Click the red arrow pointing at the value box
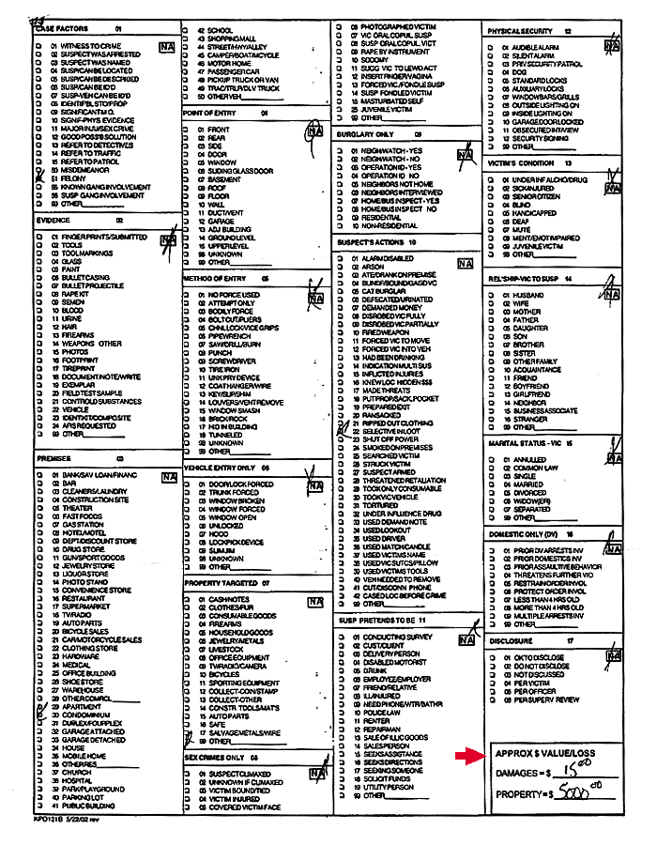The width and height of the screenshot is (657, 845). (x=466, y=756)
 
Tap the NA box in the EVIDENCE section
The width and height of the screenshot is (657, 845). (x=168, y=239)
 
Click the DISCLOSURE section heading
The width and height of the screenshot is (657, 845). (x=511, y=640)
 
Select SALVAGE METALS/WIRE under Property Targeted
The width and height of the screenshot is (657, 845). (x=244, y=732)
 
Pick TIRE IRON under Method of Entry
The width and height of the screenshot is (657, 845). (x=225, y=369)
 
